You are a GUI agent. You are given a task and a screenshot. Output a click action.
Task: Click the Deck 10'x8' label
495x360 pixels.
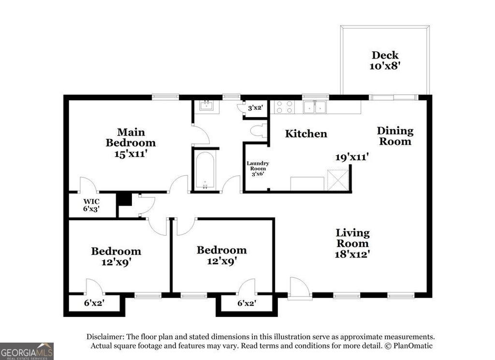[385, 61]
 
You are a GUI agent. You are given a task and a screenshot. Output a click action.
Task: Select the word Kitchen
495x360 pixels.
[306, 134]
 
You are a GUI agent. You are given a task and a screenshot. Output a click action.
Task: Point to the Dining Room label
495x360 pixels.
[395, 136]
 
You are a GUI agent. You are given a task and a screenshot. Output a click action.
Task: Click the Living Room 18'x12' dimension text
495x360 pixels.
[353, 254]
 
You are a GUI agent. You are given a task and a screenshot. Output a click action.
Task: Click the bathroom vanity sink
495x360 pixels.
[207, 106]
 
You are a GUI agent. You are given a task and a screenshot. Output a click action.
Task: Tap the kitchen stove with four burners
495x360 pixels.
[284, 106]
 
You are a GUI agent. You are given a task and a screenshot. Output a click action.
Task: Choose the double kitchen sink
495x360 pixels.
[315, 107]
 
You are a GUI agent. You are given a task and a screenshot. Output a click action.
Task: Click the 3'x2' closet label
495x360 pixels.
[254, 108]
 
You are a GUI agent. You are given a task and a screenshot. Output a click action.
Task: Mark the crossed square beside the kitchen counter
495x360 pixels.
[338, 179]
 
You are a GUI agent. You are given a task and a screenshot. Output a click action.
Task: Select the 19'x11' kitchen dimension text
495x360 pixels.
[352, 157]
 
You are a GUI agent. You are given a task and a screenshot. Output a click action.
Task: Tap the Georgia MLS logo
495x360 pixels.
[27, 351]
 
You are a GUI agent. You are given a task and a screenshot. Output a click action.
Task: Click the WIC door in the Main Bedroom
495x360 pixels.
[88, 185]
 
